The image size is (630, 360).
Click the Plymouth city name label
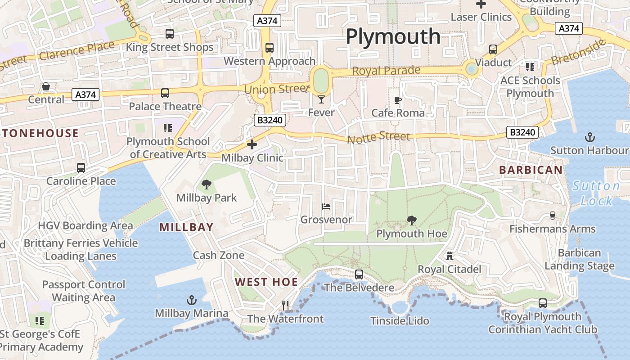(x=393, y=36)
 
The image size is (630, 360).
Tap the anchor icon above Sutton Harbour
(x=589, y=137)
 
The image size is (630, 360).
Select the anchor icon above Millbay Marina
(x=192, y=300)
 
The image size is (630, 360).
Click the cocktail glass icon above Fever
(x=321, y=99)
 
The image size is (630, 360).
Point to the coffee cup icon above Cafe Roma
(x=397, y=100)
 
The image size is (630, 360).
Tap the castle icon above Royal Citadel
(x=449, y=256)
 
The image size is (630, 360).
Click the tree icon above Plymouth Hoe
(x=411, y=220)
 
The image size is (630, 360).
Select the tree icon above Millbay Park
(x=207, y=184)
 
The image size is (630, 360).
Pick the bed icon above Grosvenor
(x=327, y=207)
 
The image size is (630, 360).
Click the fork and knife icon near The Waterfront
(x=285, y=306)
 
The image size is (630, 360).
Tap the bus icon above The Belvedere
(x=359, y=274)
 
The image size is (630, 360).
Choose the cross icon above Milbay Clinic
(x=252, y=144)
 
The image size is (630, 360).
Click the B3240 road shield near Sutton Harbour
(x=522, y=132)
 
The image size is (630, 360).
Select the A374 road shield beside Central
(x=85, y=94)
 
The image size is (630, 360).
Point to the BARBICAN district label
(x=531, y=170)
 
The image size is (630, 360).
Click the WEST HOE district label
(x=266, y=282)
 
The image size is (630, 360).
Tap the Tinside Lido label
(x=400, y=321)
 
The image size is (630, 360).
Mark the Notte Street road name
(x=378, y=137)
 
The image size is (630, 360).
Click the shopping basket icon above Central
(x=46, y=86)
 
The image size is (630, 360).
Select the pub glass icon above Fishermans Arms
(x=553, y=216)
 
